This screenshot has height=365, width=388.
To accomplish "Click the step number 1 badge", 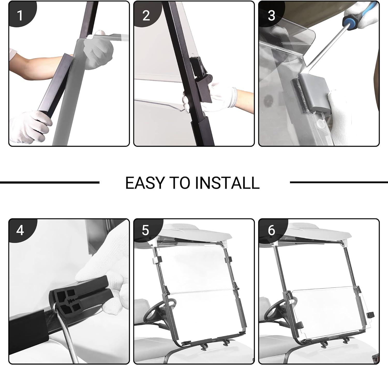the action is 21,15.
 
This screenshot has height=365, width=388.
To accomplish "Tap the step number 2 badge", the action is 146,15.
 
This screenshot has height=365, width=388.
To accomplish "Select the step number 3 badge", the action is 272,15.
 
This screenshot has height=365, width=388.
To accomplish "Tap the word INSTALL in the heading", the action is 227,183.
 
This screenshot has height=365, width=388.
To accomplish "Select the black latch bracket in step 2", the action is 201,80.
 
